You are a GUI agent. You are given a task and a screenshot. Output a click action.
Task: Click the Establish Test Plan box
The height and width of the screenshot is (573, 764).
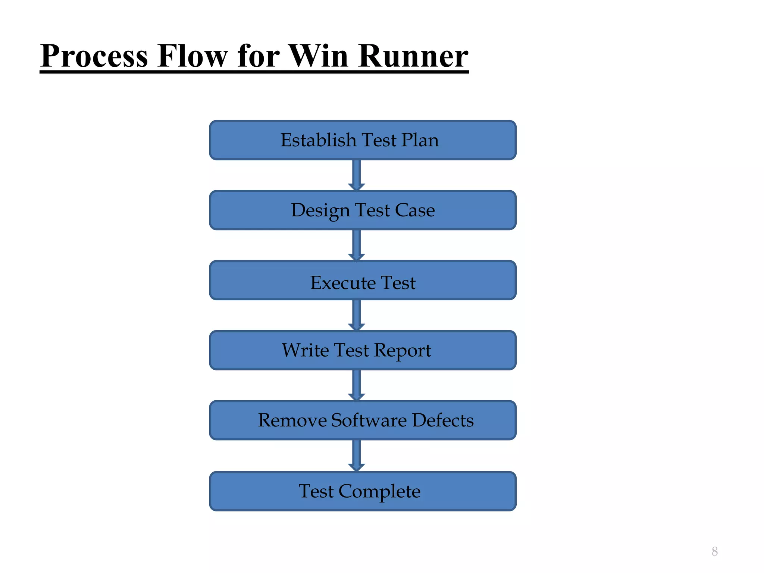[363, 140]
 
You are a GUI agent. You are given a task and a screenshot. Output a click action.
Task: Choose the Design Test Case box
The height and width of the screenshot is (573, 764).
[363, 210]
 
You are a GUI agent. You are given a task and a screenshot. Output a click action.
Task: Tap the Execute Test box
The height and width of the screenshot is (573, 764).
[363, 281]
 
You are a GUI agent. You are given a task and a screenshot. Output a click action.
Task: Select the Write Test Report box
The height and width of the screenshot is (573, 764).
[363, 351]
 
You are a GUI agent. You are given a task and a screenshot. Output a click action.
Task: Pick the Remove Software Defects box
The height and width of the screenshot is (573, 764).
[363, 420]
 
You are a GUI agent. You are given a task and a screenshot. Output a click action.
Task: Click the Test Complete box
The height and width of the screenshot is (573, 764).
[363, 491]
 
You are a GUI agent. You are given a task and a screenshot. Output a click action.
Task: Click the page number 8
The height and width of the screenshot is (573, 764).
[714, 551]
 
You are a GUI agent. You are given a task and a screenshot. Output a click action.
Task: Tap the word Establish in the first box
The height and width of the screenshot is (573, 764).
[319, 140]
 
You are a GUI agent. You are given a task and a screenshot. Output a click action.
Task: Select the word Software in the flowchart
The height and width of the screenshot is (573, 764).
[369, 420]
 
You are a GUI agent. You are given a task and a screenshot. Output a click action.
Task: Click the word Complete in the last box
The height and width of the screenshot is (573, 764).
[379, 492]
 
